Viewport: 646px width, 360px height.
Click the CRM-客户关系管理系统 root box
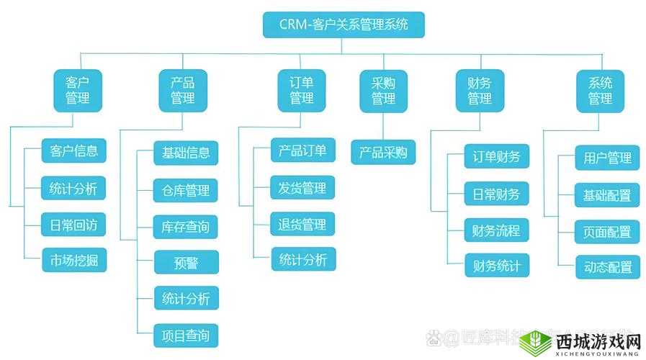[x=343, y=24]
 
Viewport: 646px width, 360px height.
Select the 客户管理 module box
[x=78, y=90]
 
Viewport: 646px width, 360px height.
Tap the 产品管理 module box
[x=182, y=90]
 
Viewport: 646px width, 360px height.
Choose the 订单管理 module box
[x=302, y=90]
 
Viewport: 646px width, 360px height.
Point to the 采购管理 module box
[x=383, y=90]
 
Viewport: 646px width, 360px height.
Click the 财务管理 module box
[x=480, y=90]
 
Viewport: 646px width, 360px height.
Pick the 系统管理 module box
[x=600, y=90]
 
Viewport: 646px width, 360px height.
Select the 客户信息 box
[x=73, y=151]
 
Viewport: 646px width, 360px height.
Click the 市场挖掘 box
[x=73, y=260]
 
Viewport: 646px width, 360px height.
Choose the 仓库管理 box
[x=186, y=191]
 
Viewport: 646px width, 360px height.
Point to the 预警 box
[x=186, y=262]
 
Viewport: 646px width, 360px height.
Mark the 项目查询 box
[x=186, y=335]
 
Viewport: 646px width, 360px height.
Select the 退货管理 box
[x=302, y=224]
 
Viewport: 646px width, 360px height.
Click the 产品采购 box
[x=383, y=152]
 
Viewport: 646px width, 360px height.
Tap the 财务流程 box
[x=496, y=230]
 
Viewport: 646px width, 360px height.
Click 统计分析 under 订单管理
[x=302, y=259]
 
